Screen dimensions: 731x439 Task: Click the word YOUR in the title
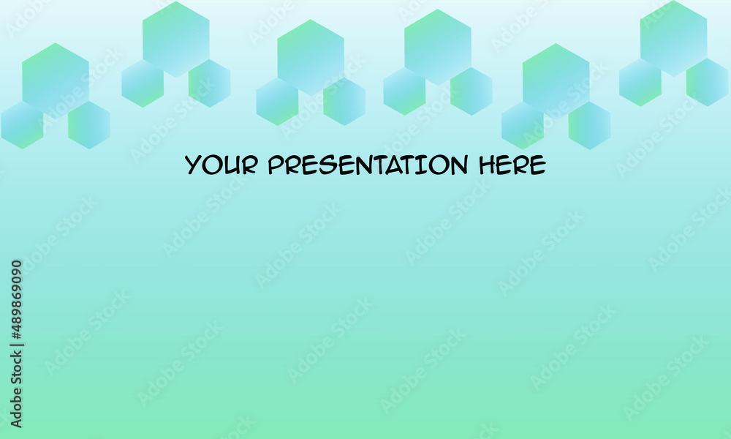point(221,165)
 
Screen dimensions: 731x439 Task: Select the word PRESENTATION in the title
point(368,165)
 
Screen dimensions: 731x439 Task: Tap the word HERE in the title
point(512,165)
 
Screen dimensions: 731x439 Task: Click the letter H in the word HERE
point(487,165)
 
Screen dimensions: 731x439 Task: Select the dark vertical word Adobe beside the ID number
point(16,408)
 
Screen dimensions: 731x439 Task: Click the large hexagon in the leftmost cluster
point(56,81)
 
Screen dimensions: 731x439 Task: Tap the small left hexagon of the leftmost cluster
point(22,125)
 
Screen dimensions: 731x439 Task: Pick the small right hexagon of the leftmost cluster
point(89,125)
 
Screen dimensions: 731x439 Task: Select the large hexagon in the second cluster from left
point(175,40)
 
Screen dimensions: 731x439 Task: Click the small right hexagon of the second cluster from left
point(209,83)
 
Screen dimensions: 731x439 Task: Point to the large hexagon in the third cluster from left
point(311,57)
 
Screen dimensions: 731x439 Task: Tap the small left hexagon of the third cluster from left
point(277,101)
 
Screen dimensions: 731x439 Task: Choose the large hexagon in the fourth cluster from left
point(438,47)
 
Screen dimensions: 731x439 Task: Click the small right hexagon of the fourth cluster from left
point(471,91)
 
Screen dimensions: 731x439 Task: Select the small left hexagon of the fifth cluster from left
point(523,126)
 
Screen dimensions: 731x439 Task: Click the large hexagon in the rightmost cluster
point(674,38)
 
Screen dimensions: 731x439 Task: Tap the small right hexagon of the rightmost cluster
point(707,82)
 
